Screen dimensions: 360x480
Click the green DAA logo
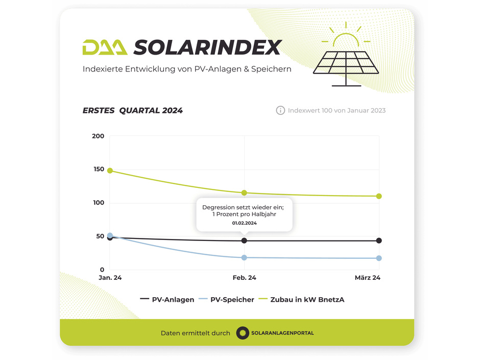tap(105, 47)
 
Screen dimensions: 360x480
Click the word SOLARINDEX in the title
tap(207, 47)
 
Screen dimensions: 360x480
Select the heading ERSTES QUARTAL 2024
tap(133, 110)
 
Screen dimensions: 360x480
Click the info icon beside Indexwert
tap(280, 110)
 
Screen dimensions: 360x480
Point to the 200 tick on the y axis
tap(98, 136)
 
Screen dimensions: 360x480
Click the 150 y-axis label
tap(98, 170)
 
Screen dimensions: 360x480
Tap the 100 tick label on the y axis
tap(98, 203)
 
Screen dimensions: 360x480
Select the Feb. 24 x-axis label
tap(244, 278)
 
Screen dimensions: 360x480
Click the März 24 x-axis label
tap(368, 278)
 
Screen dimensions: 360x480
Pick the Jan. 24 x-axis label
tap(110, 278)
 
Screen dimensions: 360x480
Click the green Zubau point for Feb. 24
tap(244, 193)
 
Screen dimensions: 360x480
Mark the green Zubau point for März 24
tap(379, 196)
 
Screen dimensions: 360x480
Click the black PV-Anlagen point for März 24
tap(379, 241)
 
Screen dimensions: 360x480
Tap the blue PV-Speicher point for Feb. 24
tap(244, 257)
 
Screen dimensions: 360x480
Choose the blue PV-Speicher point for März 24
tap(379, 258)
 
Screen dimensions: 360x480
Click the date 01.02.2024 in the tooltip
tap(244, 223)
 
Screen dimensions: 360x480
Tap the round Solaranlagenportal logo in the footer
tap(243, 333)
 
